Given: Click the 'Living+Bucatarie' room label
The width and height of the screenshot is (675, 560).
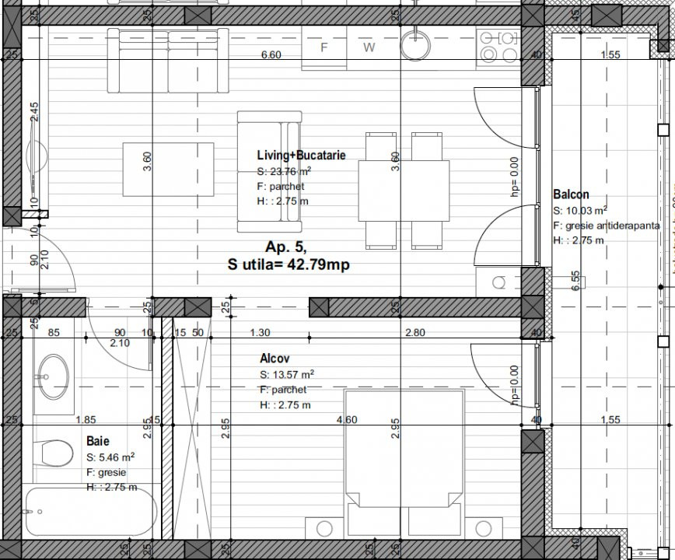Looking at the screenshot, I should pyautogui.click(x=301, y=156).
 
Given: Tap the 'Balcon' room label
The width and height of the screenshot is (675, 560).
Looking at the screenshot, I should pyautogui.click(x=571, y=194).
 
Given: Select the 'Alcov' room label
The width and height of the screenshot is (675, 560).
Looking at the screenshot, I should pyautogui.click(x=275, y=359).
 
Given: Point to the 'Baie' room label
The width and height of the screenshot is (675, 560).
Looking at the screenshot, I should pyautogui.click(x=97, y=441).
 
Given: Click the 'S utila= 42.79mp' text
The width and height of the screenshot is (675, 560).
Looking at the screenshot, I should pyautogui.click(x=288, y=265).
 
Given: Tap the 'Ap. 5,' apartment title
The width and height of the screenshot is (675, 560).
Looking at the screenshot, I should pyautogui.click(x=286, y=247).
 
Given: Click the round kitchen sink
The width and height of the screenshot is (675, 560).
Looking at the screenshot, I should pyautogui.click(x=418, y=44).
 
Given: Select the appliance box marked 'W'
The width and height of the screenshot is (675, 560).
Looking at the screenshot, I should pyautogui.click(x=369, y=47).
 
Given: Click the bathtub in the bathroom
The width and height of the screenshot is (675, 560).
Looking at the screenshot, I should pyautogui.click(x=89, y=511).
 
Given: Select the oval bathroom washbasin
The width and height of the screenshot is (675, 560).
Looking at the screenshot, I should pyautogui.click(x=53, y=376).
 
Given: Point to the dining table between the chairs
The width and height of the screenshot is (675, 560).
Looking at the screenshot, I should pyautogui.click(x=404, y=191).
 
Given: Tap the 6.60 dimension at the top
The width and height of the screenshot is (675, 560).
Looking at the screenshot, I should pyautogui.click(x=271, y=54).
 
